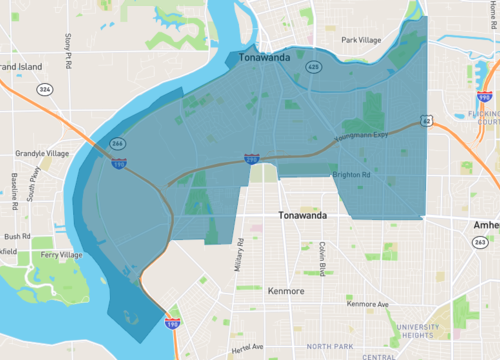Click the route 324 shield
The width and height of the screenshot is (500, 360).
(x=45, y=89)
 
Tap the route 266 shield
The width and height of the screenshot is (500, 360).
(x=117, y=144)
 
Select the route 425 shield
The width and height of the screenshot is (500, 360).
(x=313, y=67)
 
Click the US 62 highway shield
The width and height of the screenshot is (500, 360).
(x=427, y=121)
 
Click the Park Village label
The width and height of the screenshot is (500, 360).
(x=361, y=40)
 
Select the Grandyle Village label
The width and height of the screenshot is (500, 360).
(x=41, y=154)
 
